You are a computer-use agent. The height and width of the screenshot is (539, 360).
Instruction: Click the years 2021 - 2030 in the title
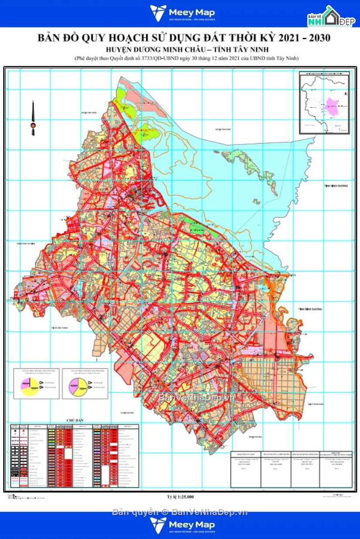(301, 38)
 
